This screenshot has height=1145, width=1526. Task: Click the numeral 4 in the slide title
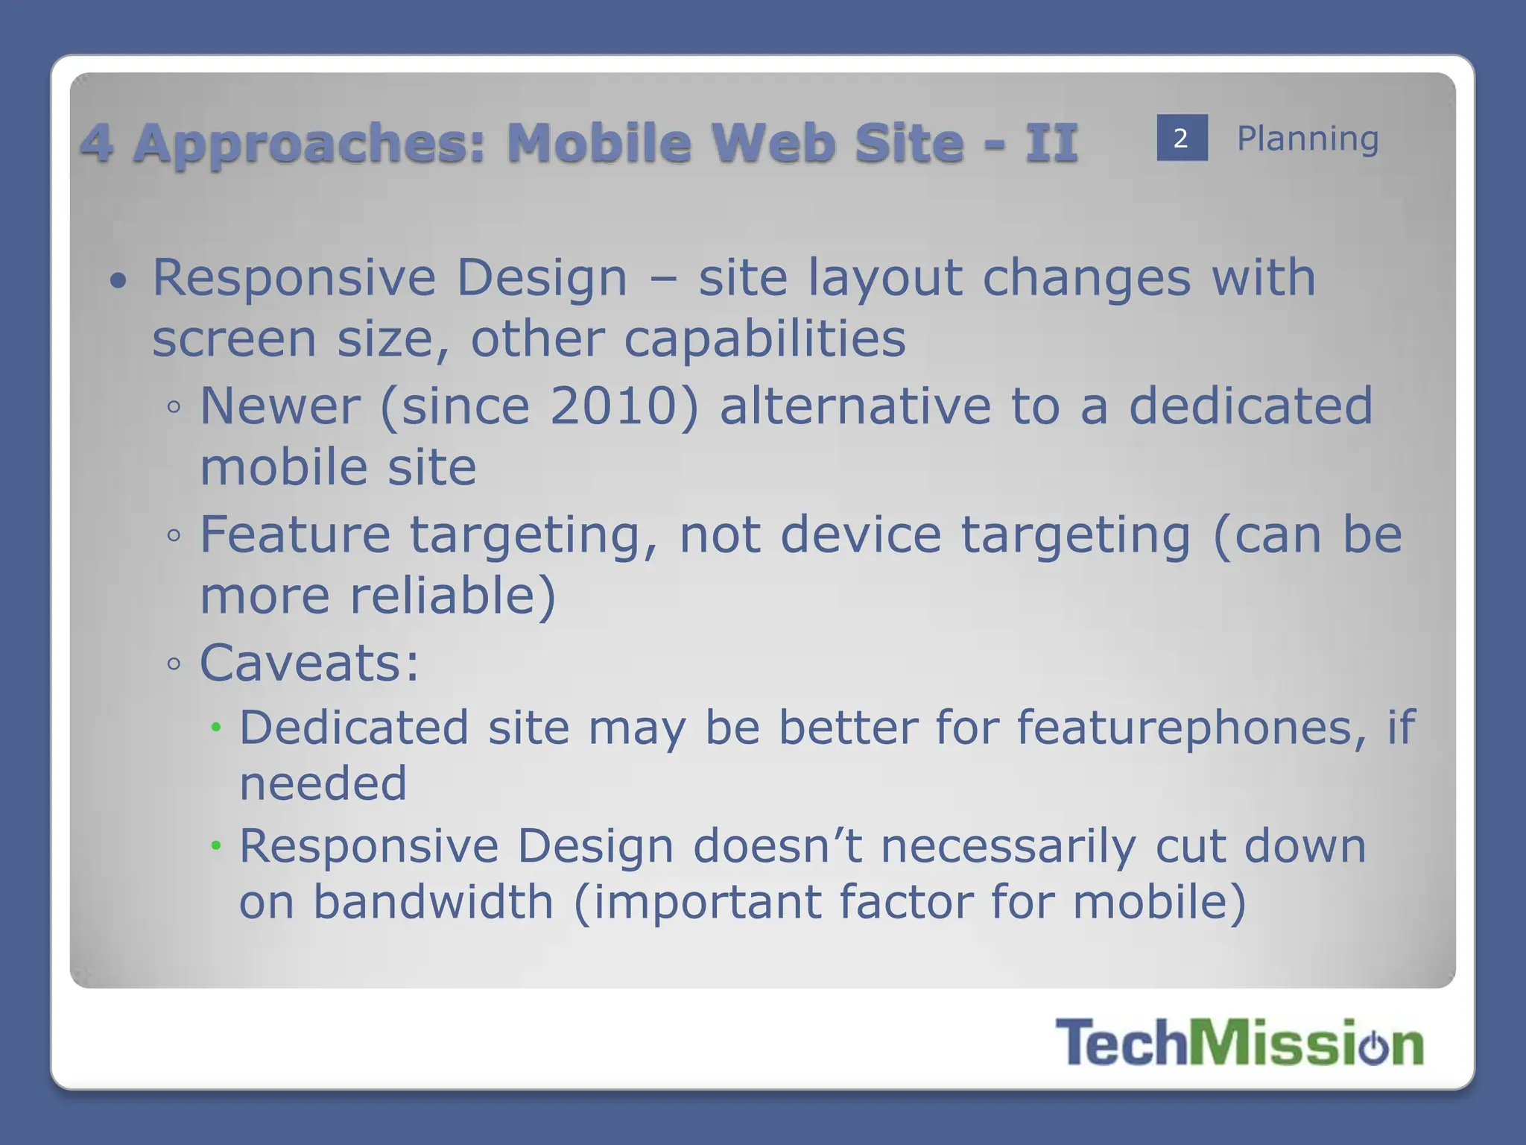[x=98, y=143]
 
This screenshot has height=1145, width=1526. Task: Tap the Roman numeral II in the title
[x=1051, y=143]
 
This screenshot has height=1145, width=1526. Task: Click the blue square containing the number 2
[x=1182, y=138]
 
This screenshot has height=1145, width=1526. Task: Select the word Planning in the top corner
[x=1308, y=139]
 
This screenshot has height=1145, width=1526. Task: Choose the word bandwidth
[x=433, y=902]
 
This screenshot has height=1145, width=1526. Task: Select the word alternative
[x=855, y=406]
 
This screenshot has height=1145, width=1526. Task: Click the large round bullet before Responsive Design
[x=118, y=282]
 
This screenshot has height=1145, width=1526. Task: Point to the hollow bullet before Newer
[x=174, y=408]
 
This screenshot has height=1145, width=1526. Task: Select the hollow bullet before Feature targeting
[x=174, y=536]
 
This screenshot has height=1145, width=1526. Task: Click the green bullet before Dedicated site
[x=216, y=728]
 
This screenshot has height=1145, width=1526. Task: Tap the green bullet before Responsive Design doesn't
[x=216, y=846]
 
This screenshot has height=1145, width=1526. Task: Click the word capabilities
[x=764, y=340]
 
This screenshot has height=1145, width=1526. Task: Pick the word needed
[x=323, y=783]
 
